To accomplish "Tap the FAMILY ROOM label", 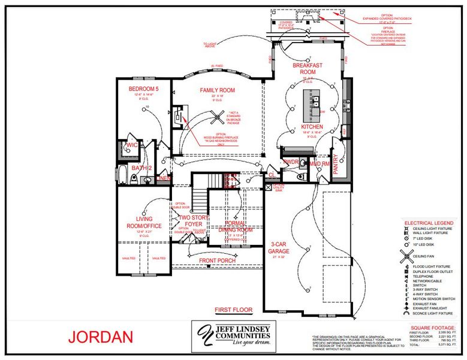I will [x=216, y=90].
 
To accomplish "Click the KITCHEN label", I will [x=312, y=127].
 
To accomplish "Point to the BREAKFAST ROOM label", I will [x=308, y=68].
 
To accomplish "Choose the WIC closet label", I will [x=131, y=145].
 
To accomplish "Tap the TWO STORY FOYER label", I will [x=193, y=221].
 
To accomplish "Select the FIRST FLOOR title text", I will [x=233, y=310].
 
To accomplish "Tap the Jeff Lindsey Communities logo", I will [x=232, y=336].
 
